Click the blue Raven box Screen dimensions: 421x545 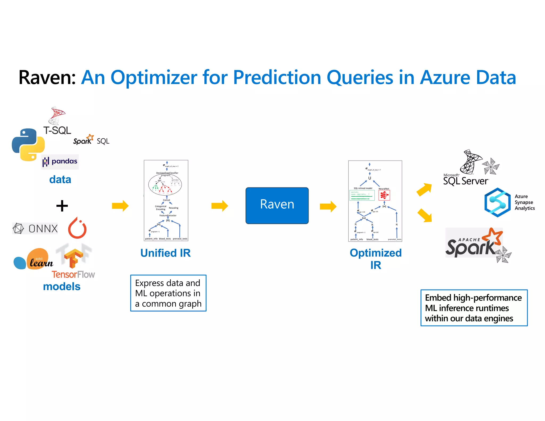(277, 205)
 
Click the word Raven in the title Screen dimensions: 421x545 (47, 77)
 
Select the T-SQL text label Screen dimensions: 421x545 (57, 130)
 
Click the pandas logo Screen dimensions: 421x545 (60, 162)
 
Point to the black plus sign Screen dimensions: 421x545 (62, 206)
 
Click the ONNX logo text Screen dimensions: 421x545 (43, 229)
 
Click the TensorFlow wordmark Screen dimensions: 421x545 (73, 274)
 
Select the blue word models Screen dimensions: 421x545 (61, 287)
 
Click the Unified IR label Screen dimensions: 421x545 (165, 253)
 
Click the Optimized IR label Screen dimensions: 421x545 (375, 258)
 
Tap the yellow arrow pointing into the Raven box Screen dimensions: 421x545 (220, 206)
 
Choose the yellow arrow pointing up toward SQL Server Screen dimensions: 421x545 (424, 189)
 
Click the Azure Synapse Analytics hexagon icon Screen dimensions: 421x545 (497, 203)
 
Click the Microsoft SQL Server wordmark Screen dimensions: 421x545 (465, 181)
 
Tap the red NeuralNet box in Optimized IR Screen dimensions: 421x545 (384, 195)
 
